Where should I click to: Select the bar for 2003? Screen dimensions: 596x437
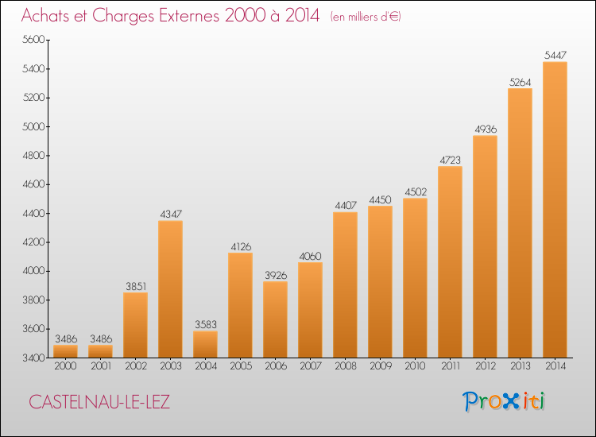(x=171, y=289)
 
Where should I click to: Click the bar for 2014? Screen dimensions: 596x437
(x=555, y=210)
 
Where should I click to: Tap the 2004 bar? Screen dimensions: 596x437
(x=206, y=344)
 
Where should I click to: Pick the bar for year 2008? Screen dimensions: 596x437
(x=345, y=285)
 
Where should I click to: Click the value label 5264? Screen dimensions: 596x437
(x=520, y=83)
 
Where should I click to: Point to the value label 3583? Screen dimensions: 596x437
(x=206, y=324)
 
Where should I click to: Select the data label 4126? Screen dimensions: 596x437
(x=241, y=246)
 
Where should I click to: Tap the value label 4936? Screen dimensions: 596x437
(x=486, y=130)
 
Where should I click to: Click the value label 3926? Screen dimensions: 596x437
(x=276, y=275)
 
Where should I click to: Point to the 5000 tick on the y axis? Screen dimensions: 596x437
(x=33, y=126)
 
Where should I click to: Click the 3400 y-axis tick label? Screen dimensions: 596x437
(x=33, y=358)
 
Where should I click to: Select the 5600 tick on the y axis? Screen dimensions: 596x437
(x=33, y=40)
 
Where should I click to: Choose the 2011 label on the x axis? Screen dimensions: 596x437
(x=451, y=366)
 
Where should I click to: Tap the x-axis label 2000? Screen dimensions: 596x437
(x=65, y=366)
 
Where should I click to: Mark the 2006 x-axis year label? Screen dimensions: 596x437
(x=276, y=366)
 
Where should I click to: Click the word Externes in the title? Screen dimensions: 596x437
(x=189, y=16)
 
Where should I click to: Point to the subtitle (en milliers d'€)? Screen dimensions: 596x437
(x=366, y=17)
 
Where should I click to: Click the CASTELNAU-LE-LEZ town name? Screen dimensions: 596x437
(x=99, y=402)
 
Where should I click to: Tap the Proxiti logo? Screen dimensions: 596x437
(x=503, y=401)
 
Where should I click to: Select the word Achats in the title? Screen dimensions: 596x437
(x=45, y=16)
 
